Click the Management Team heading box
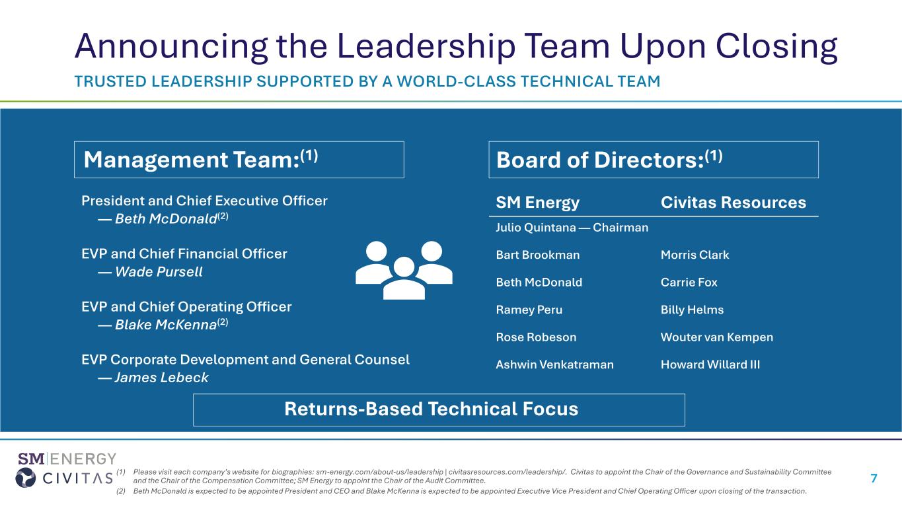239,159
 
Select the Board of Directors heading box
653,159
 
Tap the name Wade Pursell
159,272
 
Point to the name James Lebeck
161,378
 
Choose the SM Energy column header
537,203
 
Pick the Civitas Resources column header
733,203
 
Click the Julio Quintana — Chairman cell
572,228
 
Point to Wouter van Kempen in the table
716,337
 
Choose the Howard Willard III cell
710,364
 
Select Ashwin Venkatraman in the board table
554,364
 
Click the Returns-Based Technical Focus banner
439,409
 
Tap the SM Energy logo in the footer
67,459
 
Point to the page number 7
874,479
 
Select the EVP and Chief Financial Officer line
184,253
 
